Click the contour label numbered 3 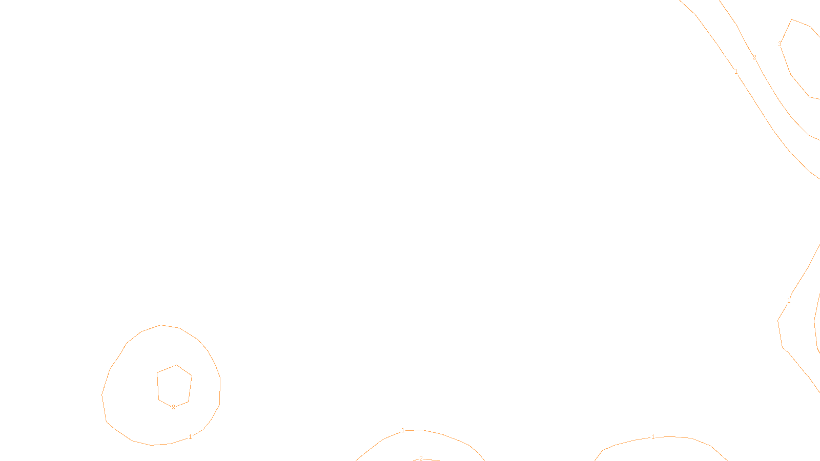tap(780, 44)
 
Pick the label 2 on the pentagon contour tap(173, 407)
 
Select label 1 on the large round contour tap(190, 437)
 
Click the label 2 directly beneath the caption tap(421, 458)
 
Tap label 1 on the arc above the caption tap(403, 430)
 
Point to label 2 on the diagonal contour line tap(754, 57)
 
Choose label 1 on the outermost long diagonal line tap(736, 72)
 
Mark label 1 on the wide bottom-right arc tap(653, 437)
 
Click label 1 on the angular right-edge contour tap(789, 301)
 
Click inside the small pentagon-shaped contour tap(174, 385)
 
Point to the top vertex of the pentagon tap(176, 365)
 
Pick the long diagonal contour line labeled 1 tap(773, 131)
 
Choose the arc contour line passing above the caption tap(442, 434)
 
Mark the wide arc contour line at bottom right tap(692, 438)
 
